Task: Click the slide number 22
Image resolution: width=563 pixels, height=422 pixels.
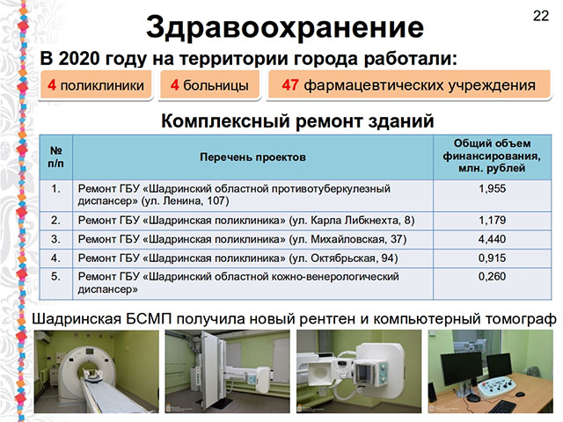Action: [541, 16]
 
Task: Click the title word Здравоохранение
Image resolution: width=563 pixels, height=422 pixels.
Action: [285, 28]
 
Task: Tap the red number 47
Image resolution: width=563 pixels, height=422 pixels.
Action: [290, 85]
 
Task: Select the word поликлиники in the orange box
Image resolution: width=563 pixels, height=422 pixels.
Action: [102, 86]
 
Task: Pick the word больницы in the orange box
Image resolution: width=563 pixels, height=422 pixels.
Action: [216, 86]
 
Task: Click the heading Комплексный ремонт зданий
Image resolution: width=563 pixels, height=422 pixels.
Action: [297, 121]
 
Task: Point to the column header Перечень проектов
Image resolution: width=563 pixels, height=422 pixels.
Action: [252, 157]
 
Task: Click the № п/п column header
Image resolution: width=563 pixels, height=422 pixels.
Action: [55, 156]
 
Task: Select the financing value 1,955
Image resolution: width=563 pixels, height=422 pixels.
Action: [492, 189]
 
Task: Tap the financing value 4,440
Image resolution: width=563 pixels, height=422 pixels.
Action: [492, 239]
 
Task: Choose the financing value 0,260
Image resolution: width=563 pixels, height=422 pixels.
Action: [492, 276]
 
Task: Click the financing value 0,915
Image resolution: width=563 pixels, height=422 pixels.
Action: [492, 258]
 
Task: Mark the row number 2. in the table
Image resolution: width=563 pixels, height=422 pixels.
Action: [55, 220]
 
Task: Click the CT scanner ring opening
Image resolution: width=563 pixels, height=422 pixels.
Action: [89, 369]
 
